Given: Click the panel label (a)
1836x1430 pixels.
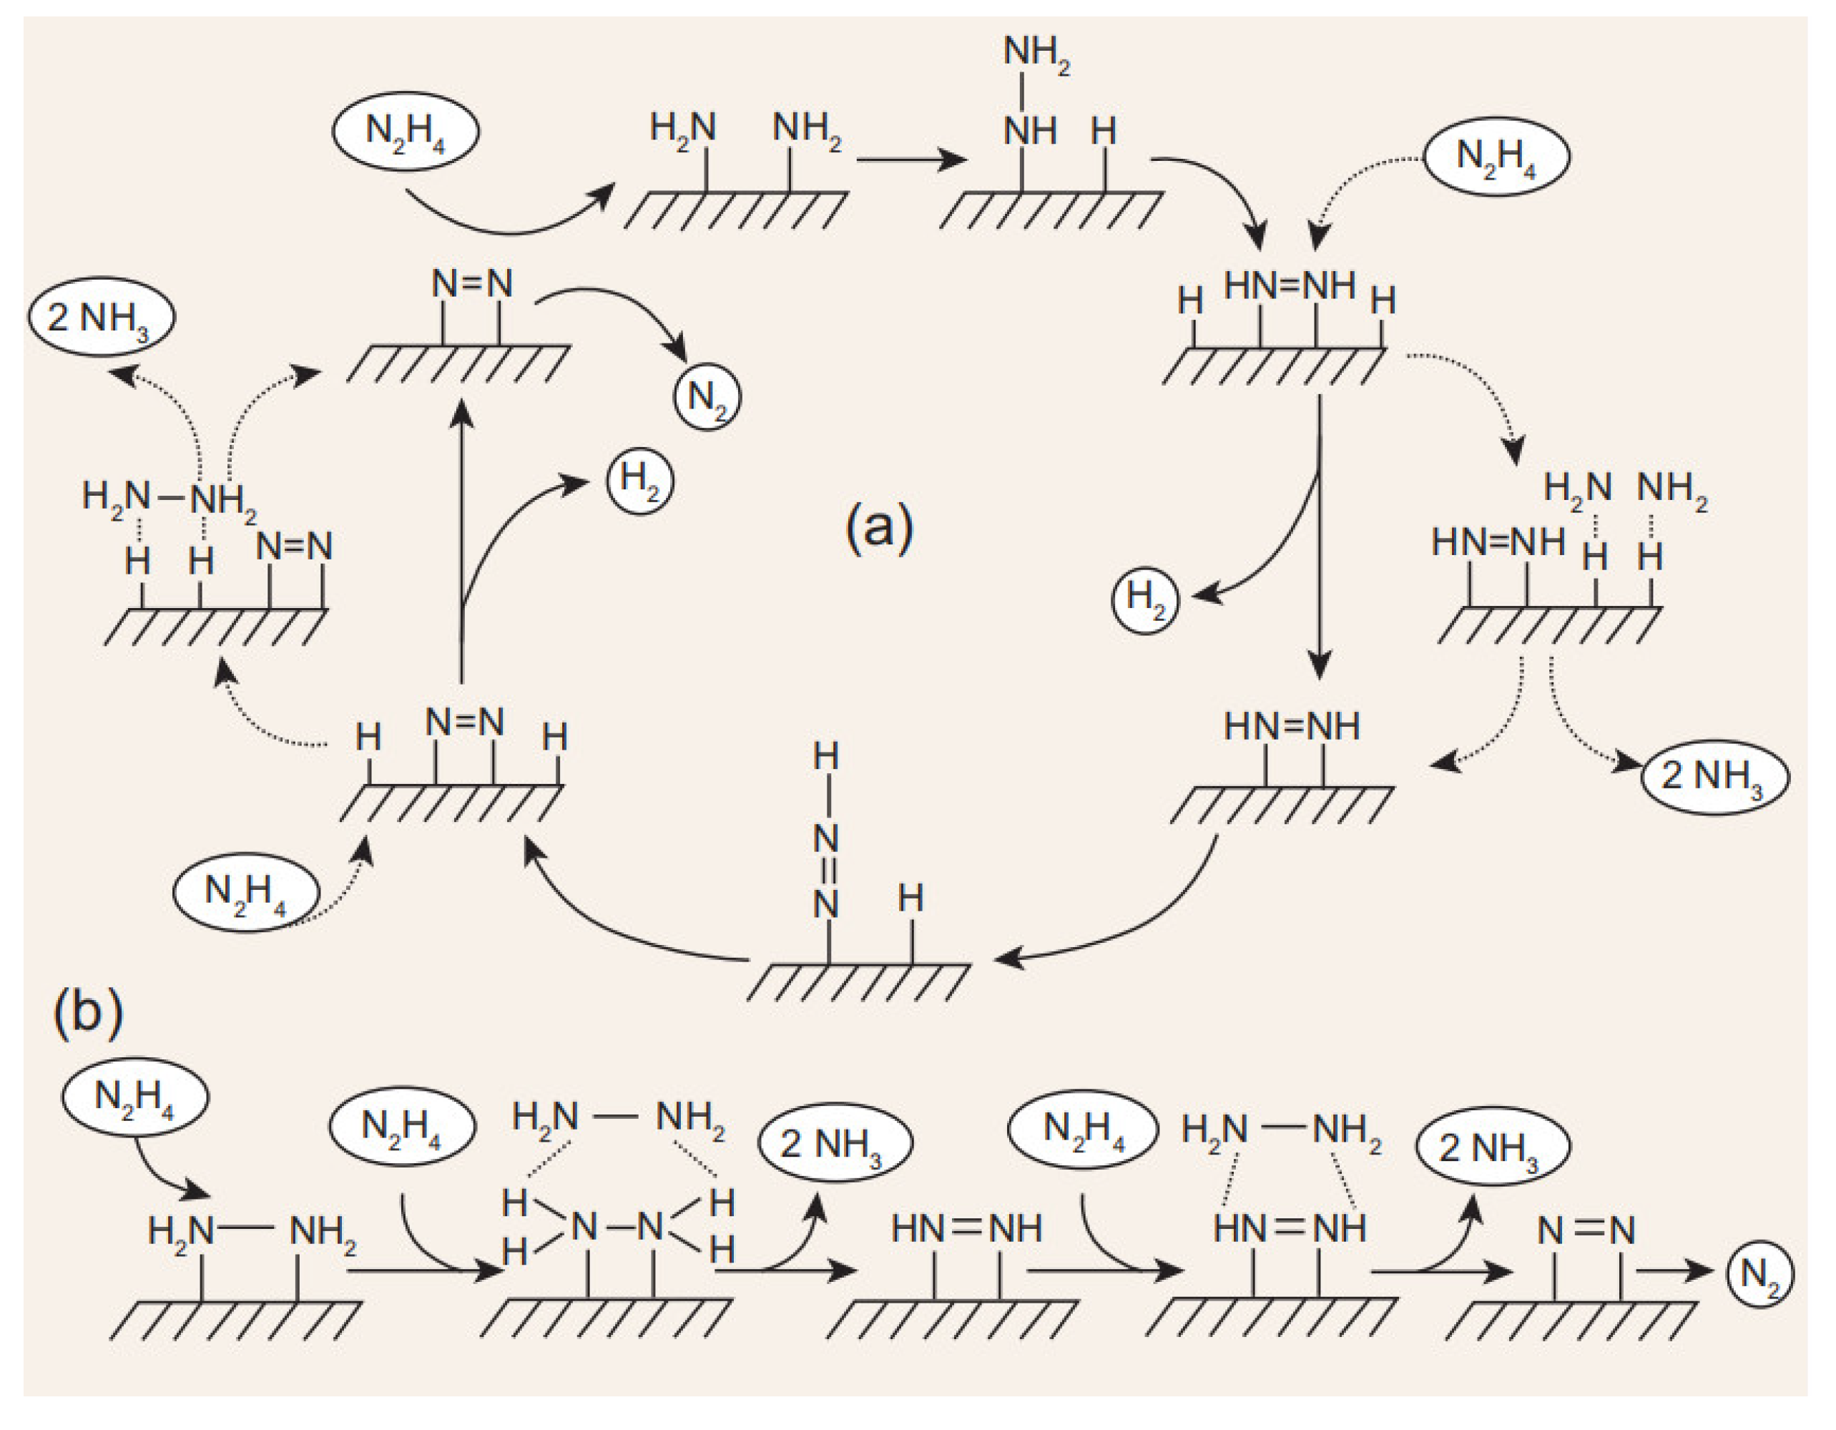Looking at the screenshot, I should [879, 529].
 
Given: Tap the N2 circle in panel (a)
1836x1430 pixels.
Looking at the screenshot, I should [707, 396].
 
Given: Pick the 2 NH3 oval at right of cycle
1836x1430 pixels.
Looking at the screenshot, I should [1714, 777].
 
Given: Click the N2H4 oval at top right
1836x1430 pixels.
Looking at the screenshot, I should [1496, 157].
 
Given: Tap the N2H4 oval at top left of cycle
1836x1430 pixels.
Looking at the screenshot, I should [406, 132].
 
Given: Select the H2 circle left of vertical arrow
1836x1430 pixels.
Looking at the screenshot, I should [1145, 600].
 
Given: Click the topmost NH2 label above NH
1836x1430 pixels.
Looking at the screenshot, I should [1036, 54].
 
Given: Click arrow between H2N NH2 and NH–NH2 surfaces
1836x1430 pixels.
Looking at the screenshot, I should [910, 159].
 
